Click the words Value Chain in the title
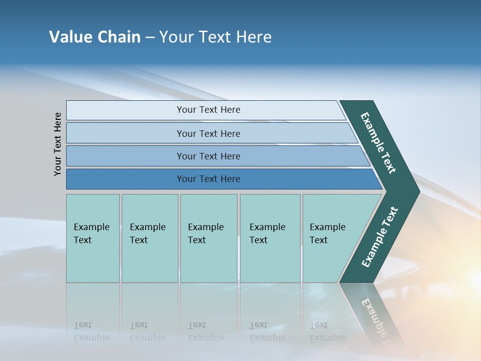point(95,37)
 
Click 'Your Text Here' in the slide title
point(215,37)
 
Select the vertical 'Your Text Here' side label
point(58,144)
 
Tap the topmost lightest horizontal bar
point(208,110)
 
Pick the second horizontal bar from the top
point(208,133)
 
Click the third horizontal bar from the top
point(208,156)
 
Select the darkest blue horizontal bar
point(208,179)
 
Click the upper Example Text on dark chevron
point(378,143)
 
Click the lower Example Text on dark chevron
point(379,237)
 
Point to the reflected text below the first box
point(91,331)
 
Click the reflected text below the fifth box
point(327,331)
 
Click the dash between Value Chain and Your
point(150,38)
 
